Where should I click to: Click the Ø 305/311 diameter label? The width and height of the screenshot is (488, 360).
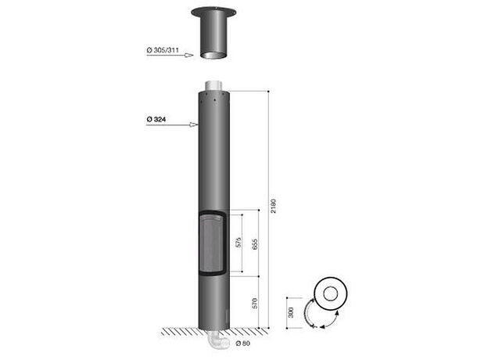point(163,50)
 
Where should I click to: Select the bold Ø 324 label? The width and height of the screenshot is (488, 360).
point(156,119)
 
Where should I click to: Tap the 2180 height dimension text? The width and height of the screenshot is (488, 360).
point(273,206)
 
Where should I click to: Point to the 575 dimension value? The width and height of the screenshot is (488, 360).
point(239,243)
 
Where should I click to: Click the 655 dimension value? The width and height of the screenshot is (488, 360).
point(255,245)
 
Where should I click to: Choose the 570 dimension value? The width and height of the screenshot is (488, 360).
point(255,304)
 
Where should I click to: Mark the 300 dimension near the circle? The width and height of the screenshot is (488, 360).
point(291,312)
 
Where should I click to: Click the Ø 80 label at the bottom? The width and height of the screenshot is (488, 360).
point(242,344)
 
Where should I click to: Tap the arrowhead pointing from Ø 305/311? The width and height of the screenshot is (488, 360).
point(189,56)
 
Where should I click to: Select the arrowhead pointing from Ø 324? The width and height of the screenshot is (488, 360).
point(194,125)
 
